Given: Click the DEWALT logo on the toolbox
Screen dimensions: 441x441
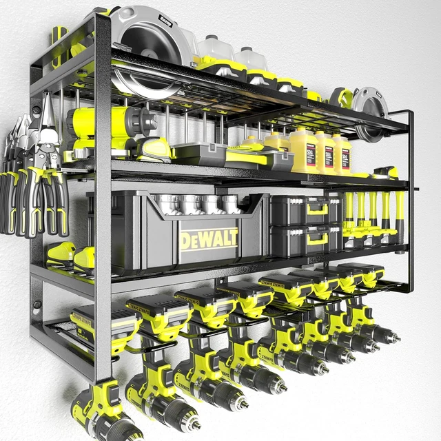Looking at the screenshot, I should tap(209, 239).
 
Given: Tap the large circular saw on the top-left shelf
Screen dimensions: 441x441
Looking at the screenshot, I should tap(147, 48).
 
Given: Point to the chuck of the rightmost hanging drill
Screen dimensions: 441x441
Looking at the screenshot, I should tap(386, 336).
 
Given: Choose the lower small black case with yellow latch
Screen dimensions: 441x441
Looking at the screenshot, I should tap(304, 238).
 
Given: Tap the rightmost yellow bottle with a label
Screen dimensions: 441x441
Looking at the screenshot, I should tap(342, 153).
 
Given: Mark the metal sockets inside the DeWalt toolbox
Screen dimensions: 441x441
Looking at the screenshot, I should tap(193, 204).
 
